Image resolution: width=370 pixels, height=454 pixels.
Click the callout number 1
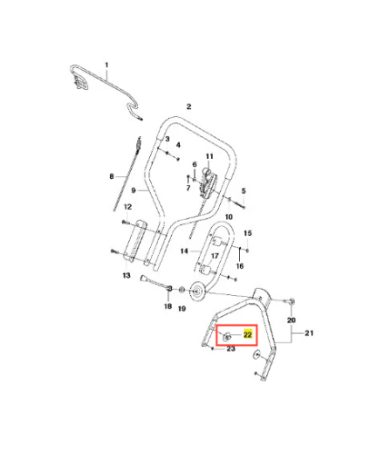(x=106, y=64)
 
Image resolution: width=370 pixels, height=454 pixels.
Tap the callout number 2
(x=189, y=106)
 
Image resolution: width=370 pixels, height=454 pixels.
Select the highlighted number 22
(x=248, y=334)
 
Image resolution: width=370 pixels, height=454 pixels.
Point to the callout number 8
(x=112, y=176)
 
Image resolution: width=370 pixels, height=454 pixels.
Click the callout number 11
(x=209, y=156)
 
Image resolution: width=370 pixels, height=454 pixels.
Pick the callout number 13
(x=126, y=275)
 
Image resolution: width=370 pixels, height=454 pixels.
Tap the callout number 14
(x=185, y=251)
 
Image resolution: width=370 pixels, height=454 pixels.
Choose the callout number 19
(x=182, y=309)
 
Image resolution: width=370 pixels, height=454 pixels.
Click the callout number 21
(x=309, y=333)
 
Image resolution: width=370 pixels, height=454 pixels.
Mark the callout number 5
(x=244, y=191)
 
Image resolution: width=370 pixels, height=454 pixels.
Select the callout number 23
(x=231, y=349)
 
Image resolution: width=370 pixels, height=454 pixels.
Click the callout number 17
(x=215, y=256)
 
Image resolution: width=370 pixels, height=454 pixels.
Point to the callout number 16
(x=240, y=266)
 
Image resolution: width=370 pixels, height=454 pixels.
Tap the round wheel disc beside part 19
(x=197, y=291)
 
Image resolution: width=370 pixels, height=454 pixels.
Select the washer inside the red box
(x=227, y=336)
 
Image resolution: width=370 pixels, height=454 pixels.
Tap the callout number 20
(x=291, y=320)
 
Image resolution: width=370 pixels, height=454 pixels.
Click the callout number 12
(x=128, y=207)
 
